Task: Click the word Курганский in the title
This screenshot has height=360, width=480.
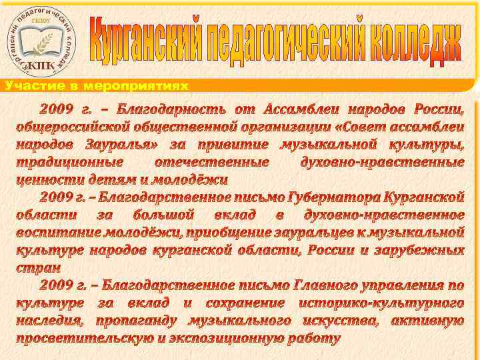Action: [145, 40]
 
